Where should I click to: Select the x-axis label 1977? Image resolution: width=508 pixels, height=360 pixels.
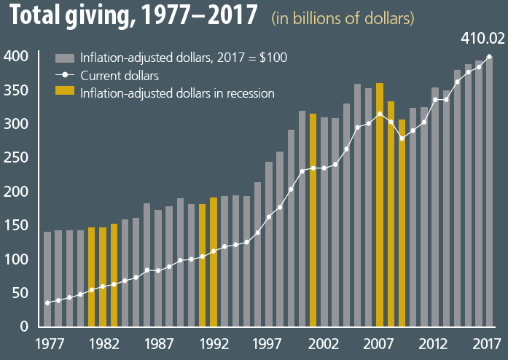[x=47, y=343]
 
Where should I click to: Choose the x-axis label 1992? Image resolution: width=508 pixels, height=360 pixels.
[x=213, y=343]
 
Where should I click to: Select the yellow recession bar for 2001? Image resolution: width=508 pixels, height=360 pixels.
[x=313, y=220]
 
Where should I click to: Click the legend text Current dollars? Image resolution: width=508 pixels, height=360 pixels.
[x=120, y=75]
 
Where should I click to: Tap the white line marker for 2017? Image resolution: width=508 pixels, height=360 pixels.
[x=489, y=56]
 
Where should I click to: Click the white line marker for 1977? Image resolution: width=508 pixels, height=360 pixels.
[x=47, y=302]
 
